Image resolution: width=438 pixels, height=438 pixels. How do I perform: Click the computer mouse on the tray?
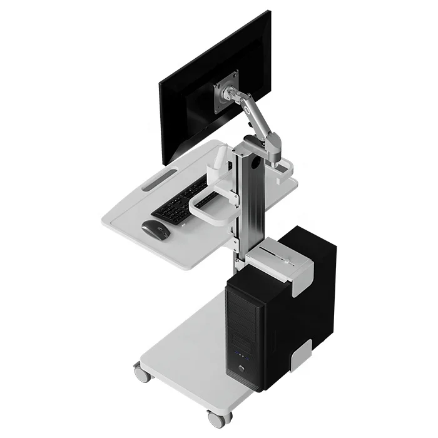[156, 228]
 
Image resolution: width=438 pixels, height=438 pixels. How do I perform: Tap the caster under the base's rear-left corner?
[141, 374]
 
